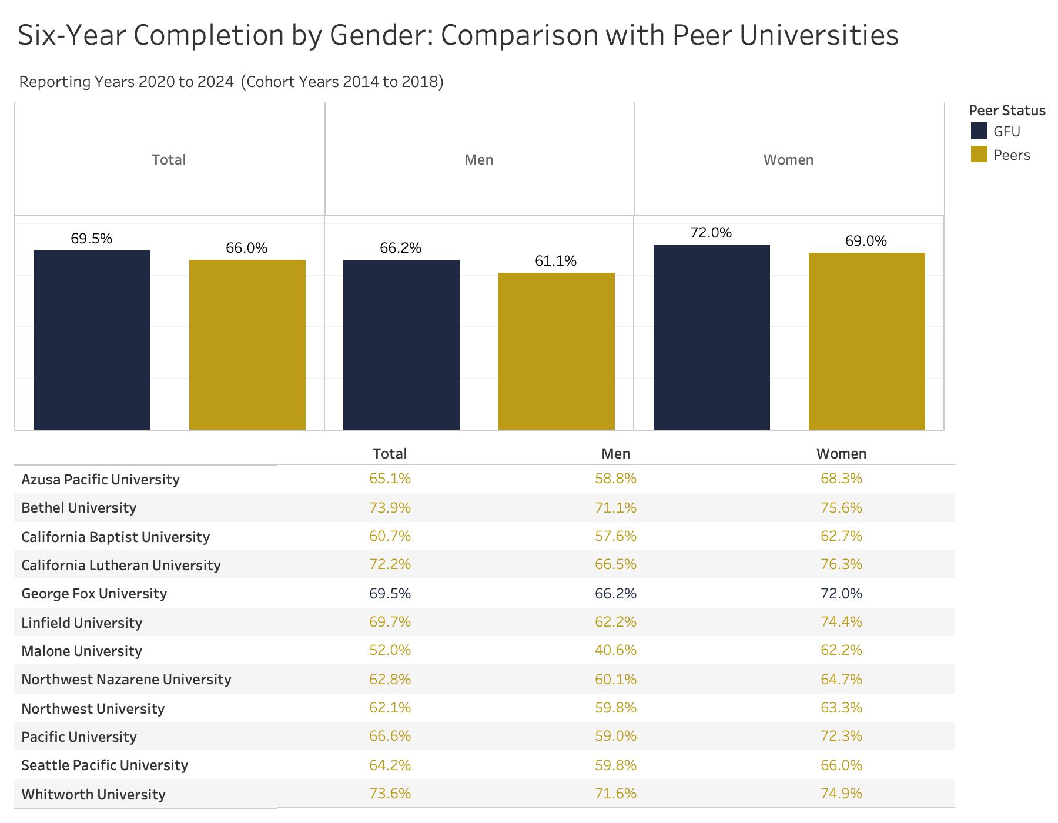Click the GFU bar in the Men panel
tap(401, 344)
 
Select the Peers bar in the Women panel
tap(866, 341)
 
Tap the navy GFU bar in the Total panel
tap(92, 340)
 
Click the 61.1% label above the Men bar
tap(555, 261)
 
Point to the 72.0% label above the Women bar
tap(711, 233)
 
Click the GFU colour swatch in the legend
tap(979, 131)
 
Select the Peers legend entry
tap(1011, 155)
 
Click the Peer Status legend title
tap(1006, 111)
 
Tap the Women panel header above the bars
tap(788, 160)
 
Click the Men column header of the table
tap(615, 454)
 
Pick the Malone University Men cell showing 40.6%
tap(615, 650)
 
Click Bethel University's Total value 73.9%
tap(390, 507)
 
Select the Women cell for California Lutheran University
tap(841, 564)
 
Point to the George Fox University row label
tap(94, 594)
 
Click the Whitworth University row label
tap(93, 795)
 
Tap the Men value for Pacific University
tap(615, 736)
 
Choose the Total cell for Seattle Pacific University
tap(390, 765)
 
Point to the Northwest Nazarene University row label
tap(126, 680)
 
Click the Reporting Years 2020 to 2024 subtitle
tap(126, 82)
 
